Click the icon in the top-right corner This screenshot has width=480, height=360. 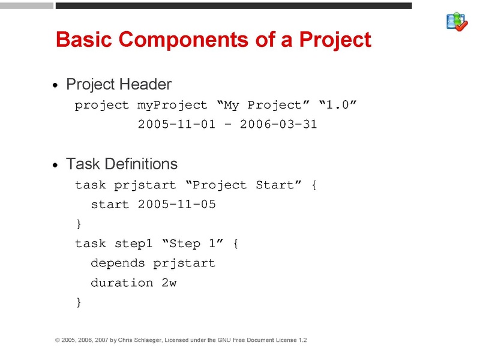(457, 22)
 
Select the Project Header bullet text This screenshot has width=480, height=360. (119, 84)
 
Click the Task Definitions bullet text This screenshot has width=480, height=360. (122, 163)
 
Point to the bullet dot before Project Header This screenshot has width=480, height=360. (56, 86)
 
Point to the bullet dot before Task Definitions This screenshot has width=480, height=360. (56, 165)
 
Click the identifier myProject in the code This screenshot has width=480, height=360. (172, 106)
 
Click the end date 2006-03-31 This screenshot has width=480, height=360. (278, 125)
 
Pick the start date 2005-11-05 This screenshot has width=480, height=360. (176, 205)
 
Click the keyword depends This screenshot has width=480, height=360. (118, 263)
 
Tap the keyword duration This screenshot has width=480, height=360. (122, 283)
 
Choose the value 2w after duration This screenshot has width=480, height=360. (169, 283)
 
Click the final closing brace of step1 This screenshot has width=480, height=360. (78, 302)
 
